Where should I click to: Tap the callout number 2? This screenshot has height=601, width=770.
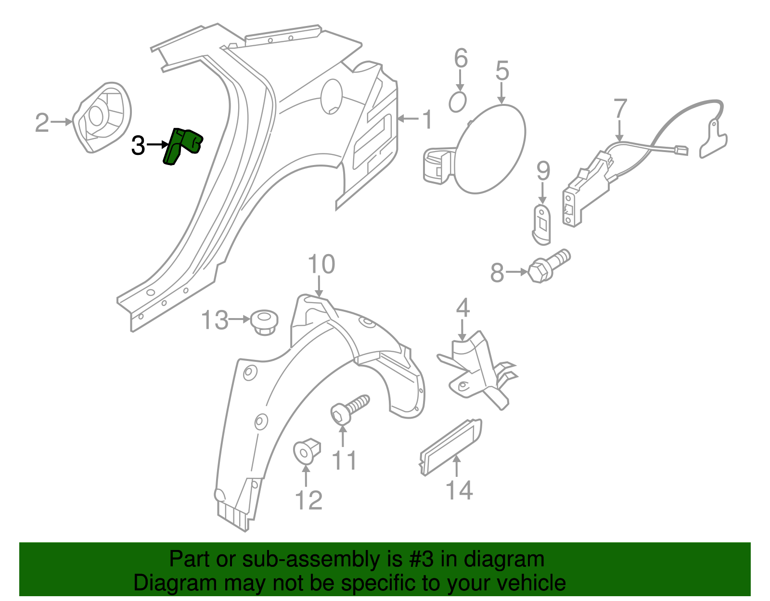[42, 123]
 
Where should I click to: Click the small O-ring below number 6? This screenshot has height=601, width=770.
[458, 102]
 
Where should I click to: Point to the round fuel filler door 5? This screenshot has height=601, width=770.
[490, 149]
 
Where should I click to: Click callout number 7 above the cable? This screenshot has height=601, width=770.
[620, 109]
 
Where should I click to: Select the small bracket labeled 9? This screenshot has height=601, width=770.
[542, 222]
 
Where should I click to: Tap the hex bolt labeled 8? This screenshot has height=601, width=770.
[549, 266]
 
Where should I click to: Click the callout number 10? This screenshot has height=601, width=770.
[321, 265]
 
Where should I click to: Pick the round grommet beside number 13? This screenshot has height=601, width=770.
[264, 321]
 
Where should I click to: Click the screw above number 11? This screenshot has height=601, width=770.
[350, 409]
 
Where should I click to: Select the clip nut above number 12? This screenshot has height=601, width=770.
[307, 450]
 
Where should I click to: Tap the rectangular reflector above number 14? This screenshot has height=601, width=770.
[450, 446]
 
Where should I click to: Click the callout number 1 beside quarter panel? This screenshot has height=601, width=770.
[427, 120]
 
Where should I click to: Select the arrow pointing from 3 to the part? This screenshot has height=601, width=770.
[158, 144]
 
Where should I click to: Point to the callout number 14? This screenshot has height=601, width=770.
[459, 490]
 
